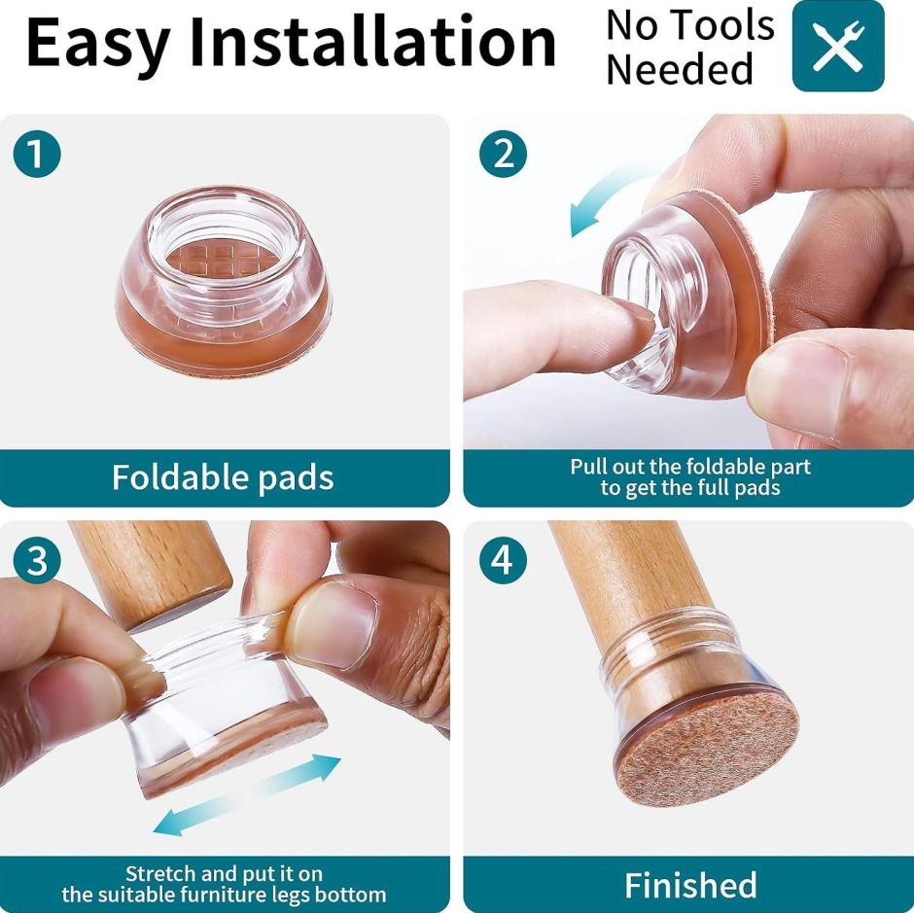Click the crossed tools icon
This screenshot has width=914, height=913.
coord(838,46)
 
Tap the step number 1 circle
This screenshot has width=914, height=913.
coord(37,154)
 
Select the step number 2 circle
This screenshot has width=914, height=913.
coord(503,154)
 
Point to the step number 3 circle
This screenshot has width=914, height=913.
coord(37,561)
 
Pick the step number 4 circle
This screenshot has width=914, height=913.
coord(503,561)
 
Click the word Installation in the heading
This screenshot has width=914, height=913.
coord(373,42)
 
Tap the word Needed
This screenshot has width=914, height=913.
coord(680,69)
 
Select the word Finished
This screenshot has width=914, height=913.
coord(690,885)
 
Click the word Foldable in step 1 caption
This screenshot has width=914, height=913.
coord(180,476)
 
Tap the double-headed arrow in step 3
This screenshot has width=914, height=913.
coord(247,794)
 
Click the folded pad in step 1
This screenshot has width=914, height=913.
coord(224,281)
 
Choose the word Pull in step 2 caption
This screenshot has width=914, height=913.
coord(589,467)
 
